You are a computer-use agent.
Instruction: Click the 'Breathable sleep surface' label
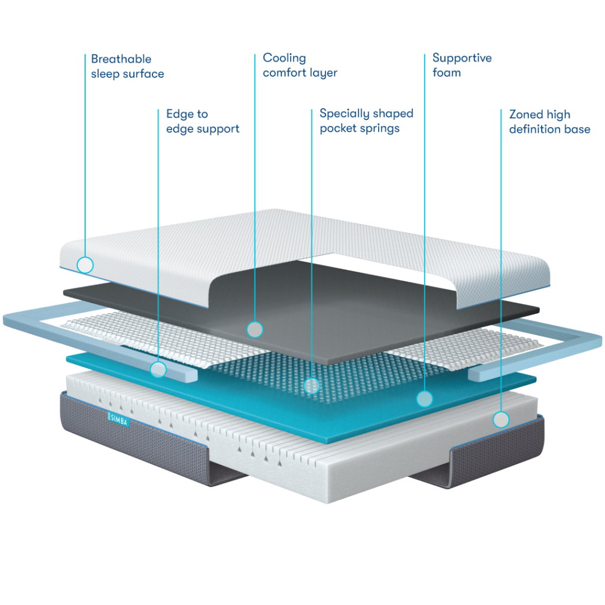pos(128,66)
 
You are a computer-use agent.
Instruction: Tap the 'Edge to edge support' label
pos(203,122)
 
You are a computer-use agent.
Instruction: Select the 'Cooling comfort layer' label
pos(300,65)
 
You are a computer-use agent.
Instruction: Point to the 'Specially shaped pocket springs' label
pos(366,121)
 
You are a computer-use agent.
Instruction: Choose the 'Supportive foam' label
pos(462,65)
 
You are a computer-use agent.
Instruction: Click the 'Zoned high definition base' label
pos(549,122)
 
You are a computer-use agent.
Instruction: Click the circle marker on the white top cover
pos(85,265)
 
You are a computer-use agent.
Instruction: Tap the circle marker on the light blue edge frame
pos(158,369)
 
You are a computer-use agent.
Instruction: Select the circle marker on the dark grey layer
pos(255,330)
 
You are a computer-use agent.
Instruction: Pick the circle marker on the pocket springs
pos(311,385)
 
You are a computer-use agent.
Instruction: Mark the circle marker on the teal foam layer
pos(424,399)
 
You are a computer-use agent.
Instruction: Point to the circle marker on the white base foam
pos(501,419)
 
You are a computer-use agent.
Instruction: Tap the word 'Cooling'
pos(284,58)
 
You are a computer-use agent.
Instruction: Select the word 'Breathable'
pos(121,59)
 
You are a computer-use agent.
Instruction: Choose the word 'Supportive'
pos(462,58)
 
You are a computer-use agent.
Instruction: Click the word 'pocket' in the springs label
pos(338,128)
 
